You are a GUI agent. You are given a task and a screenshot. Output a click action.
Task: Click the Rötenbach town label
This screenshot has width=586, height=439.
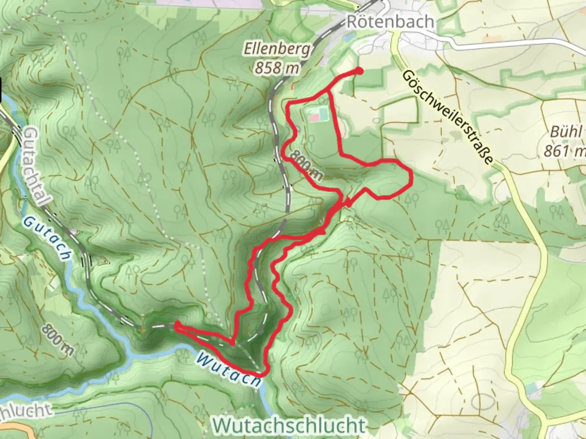coord(390,22)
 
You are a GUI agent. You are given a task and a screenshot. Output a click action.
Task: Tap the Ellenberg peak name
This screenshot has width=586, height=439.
coord(277,49)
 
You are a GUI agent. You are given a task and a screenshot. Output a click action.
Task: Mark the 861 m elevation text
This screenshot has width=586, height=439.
coord(564,151)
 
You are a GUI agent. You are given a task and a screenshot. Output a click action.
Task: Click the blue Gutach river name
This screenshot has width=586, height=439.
coord(47,238)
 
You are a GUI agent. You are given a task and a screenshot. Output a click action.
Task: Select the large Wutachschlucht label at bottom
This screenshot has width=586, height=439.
coord(289,425)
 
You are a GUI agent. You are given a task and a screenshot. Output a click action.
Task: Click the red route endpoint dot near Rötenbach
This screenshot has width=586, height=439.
coord(359,71)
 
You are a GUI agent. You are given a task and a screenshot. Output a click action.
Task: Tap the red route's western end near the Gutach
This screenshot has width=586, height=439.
coord(177,325)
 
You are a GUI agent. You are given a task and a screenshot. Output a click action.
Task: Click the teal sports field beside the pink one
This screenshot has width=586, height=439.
coord(324,113)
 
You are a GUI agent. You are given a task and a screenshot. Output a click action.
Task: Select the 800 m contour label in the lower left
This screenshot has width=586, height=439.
coord(57,340)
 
